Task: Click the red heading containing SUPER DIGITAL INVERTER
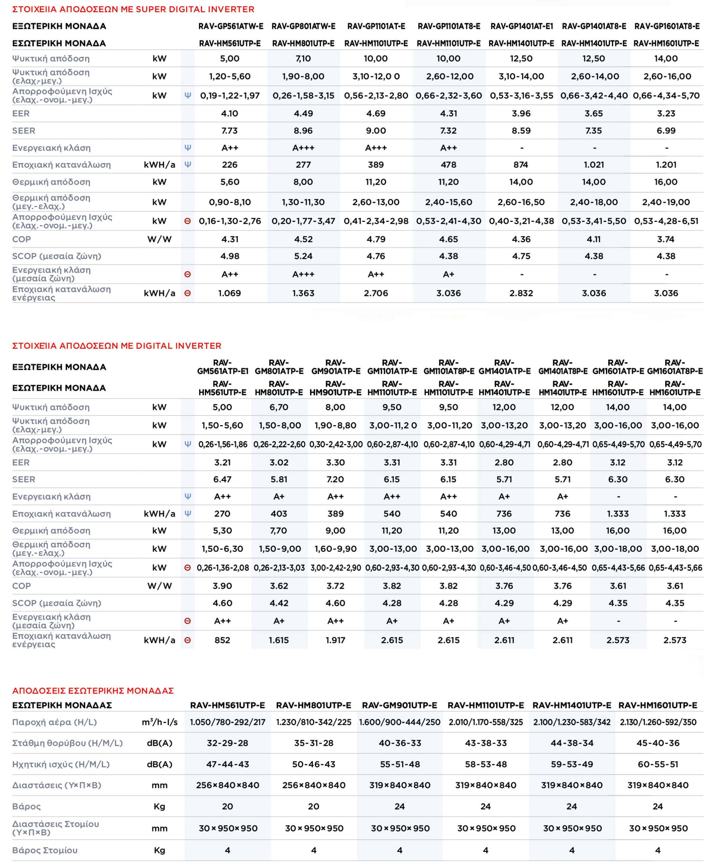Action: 133,9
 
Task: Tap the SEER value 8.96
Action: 303,131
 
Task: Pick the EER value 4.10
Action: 230,114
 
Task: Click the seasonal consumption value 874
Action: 521,165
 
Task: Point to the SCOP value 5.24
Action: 303,256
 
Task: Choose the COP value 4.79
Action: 376,239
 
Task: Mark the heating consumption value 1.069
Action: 230,293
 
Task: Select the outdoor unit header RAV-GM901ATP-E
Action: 336,367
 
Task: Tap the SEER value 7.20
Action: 336,479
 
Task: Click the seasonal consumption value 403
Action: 279,514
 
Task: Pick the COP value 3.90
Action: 222,586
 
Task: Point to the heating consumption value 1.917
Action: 336,640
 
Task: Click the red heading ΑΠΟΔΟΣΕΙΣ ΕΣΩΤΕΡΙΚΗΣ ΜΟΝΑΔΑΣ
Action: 93,691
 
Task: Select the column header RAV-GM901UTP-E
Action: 399,705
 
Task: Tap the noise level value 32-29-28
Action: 228,743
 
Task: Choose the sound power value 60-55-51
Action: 658,764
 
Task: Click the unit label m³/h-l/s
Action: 160,722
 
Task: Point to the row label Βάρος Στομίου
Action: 45,850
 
